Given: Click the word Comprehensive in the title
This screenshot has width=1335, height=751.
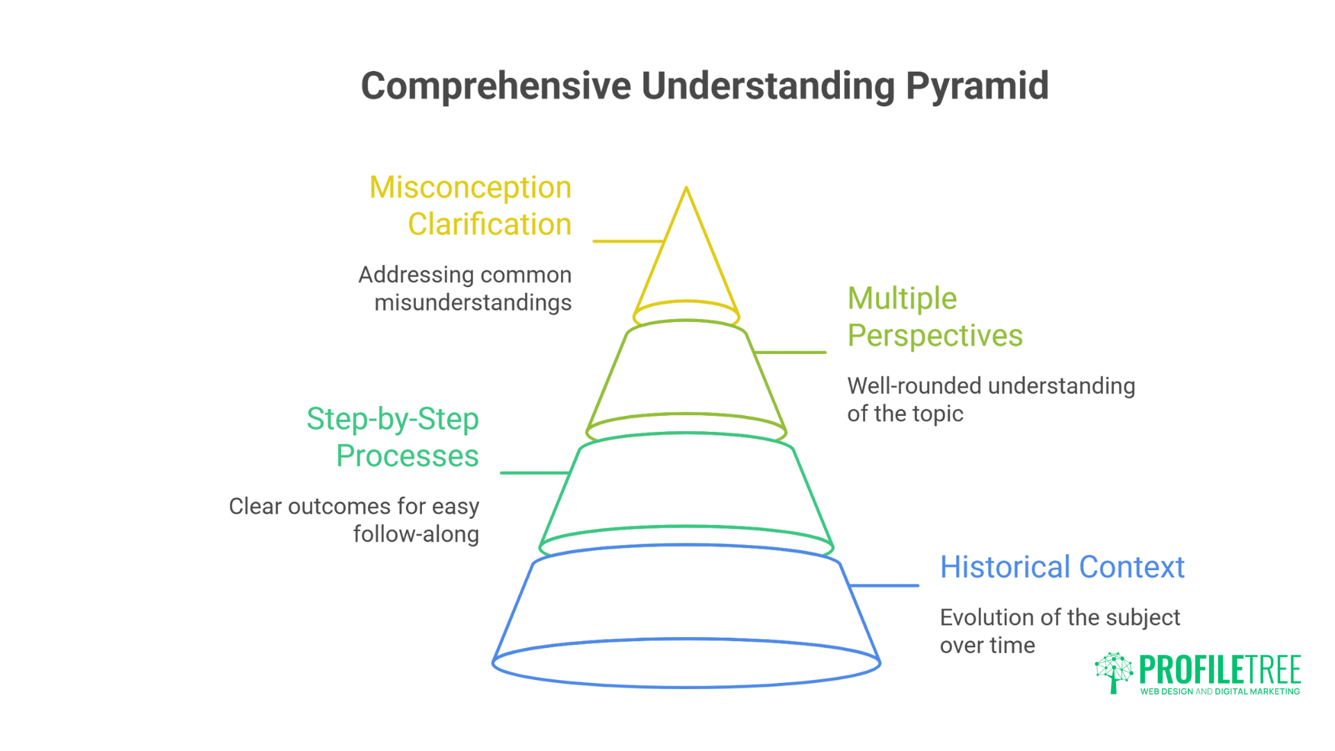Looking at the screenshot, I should pos(496,86).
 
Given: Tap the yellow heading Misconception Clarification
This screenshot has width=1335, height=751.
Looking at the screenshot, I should pos(471,206).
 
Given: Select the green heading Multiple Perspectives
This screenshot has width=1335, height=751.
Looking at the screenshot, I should pos(934,317).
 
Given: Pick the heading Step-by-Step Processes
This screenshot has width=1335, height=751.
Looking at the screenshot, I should pos(394,437).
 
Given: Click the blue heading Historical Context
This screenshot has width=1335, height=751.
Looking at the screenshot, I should pos(1062,567).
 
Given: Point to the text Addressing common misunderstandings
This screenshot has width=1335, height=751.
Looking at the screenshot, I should pos(465,289).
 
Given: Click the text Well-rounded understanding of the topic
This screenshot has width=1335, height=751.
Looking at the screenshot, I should pos(990,400).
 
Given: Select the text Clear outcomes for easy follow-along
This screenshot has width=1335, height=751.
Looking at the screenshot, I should pos(355,520).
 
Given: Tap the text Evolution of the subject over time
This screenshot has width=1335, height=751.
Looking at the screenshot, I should pos(1059,631).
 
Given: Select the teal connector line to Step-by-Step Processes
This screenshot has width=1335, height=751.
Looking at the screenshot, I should pos(534,473).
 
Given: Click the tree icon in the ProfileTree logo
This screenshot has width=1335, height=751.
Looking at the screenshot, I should pos(1114,672).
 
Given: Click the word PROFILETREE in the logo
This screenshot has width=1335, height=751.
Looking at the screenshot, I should pos(1220,670).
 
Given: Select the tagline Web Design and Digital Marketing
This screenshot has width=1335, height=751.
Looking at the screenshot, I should pos(1220,692).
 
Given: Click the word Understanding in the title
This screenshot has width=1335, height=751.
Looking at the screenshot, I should pos(768,86).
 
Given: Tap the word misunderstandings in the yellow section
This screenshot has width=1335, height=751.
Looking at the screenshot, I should pos(473,303).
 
